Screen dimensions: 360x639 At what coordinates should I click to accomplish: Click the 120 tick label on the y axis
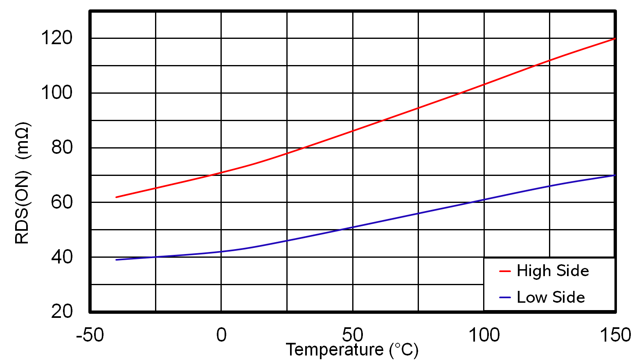click(x=56, y=38)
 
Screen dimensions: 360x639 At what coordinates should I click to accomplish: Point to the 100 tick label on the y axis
click(x=56, y=92)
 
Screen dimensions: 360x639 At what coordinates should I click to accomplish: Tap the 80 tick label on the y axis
click(x=62, y=147)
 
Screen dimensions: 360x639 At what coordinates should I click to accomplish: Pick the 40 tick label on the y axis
click(x=62, y=257)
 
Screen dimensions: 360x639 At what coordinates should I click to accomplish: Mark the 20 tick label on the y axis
click(x=62, y=311)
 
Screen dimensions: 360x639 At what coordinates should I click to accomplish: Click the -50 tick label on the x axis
click(x=90, y=335)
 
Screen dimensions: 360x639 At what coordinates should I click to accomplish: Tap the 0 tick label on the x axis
click(x=221, y=335)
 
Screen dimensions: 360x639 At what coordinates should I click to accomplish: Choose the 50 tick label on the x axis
click(x=353, y=335)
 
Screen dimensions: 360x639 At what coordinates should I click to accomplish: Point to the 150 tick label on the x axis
click(x=615, y=335)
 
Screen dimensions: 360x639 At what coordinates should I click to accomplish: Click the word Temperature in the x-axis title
click(x=334, y=350)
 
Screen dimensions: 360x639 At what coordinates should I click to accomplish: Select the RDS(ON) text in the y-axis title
click(x=22, y=209)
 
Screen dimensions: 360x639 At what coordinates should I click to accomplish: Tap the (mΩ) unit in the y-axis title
click(x=22, y=140)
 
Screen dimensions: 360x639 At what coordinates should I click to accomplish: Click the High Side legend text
click(x=553, y=271)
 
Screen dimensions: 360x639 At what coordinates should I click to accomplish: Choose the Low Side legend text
click(x=551, y=297)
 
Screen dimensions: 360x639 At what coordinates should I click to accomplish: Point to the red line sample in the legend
click(x=505, y=271)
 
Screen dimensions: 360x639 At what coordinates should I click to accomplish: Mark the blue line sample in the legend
click(x=505, y=297)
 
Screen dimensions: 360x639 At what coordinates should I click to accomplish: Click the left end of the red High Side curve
click(x=117, y=197)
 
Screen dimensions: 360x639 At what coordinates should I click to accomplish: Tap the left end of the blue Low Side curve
click(x=117, y=260)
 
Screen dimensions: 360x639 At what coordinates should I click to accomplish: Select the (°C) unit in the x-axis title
click(x=404, y=350)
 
